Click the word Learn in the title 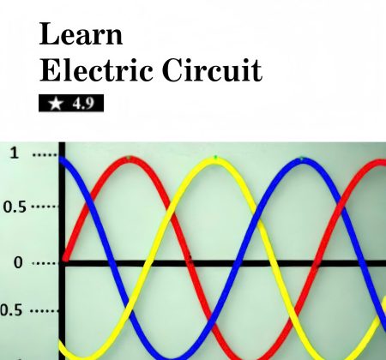81,34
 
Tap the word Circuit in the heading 212,69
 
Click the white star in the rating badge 56,103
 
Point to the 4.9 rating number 83,104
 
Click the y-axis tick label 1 15,153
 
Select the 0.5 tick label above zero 15,207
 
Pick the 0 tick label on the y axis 18,262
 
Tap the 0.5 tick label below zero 11,310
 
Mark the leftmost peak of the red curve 130,159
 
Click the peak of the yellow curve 216,159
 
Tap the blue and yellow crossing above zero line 259,221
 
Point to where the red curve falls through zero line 190,263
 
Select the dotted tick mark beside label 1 45,155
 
